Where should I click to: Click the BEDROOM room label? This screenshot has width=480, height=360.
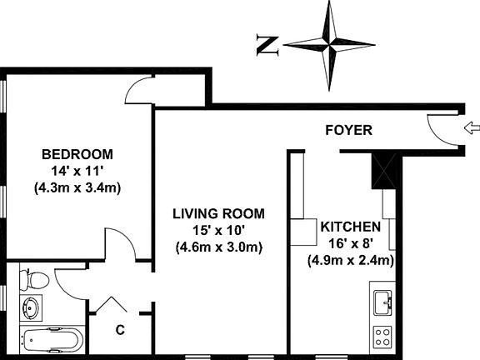(77, 154)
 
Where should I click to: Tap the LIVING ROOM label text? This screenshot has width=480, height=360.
(218, 213)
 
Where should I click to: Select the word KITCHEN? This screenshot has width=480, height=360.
(351, 227)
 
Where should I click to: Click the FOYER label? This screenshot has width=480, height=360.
(348, 130)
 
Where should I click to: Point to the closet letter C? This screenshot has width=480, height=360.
(120, 330)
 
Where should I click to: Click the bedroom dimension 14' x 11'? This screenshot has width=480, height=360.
(76, 171)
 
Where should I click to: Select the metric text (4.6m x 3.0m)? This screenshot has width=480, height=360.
(219, 247)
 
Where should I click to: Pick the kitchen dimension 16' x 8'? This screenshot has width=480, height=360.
(351, 243)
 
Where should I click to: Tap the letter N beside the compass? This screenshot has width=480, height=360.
(267, 46)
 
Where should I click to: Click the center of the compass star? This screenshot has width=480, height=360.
(329, 45)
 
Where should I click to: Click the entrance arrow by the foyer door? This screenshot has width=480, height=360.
(472, 127)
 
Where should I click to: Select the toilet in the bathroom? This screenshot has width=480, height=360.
(34, 280)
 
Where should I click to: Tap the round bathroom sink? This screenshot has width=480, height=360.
(31, 307)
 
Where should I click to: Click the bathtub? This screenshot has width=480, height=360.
(52, 340)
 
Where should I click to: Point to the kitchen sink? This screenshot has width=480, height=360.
(382, 303)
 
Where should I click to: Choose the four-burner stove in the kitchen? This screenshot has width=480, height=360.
(382, 337)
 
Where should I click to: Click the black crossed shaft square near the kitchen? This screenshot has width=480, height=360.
(384, 171)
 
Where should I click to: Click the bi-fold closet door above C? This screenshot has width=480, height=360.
(112, 304)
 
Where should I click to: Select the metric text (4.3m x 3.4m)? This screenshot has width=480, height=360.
(77, 187)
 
